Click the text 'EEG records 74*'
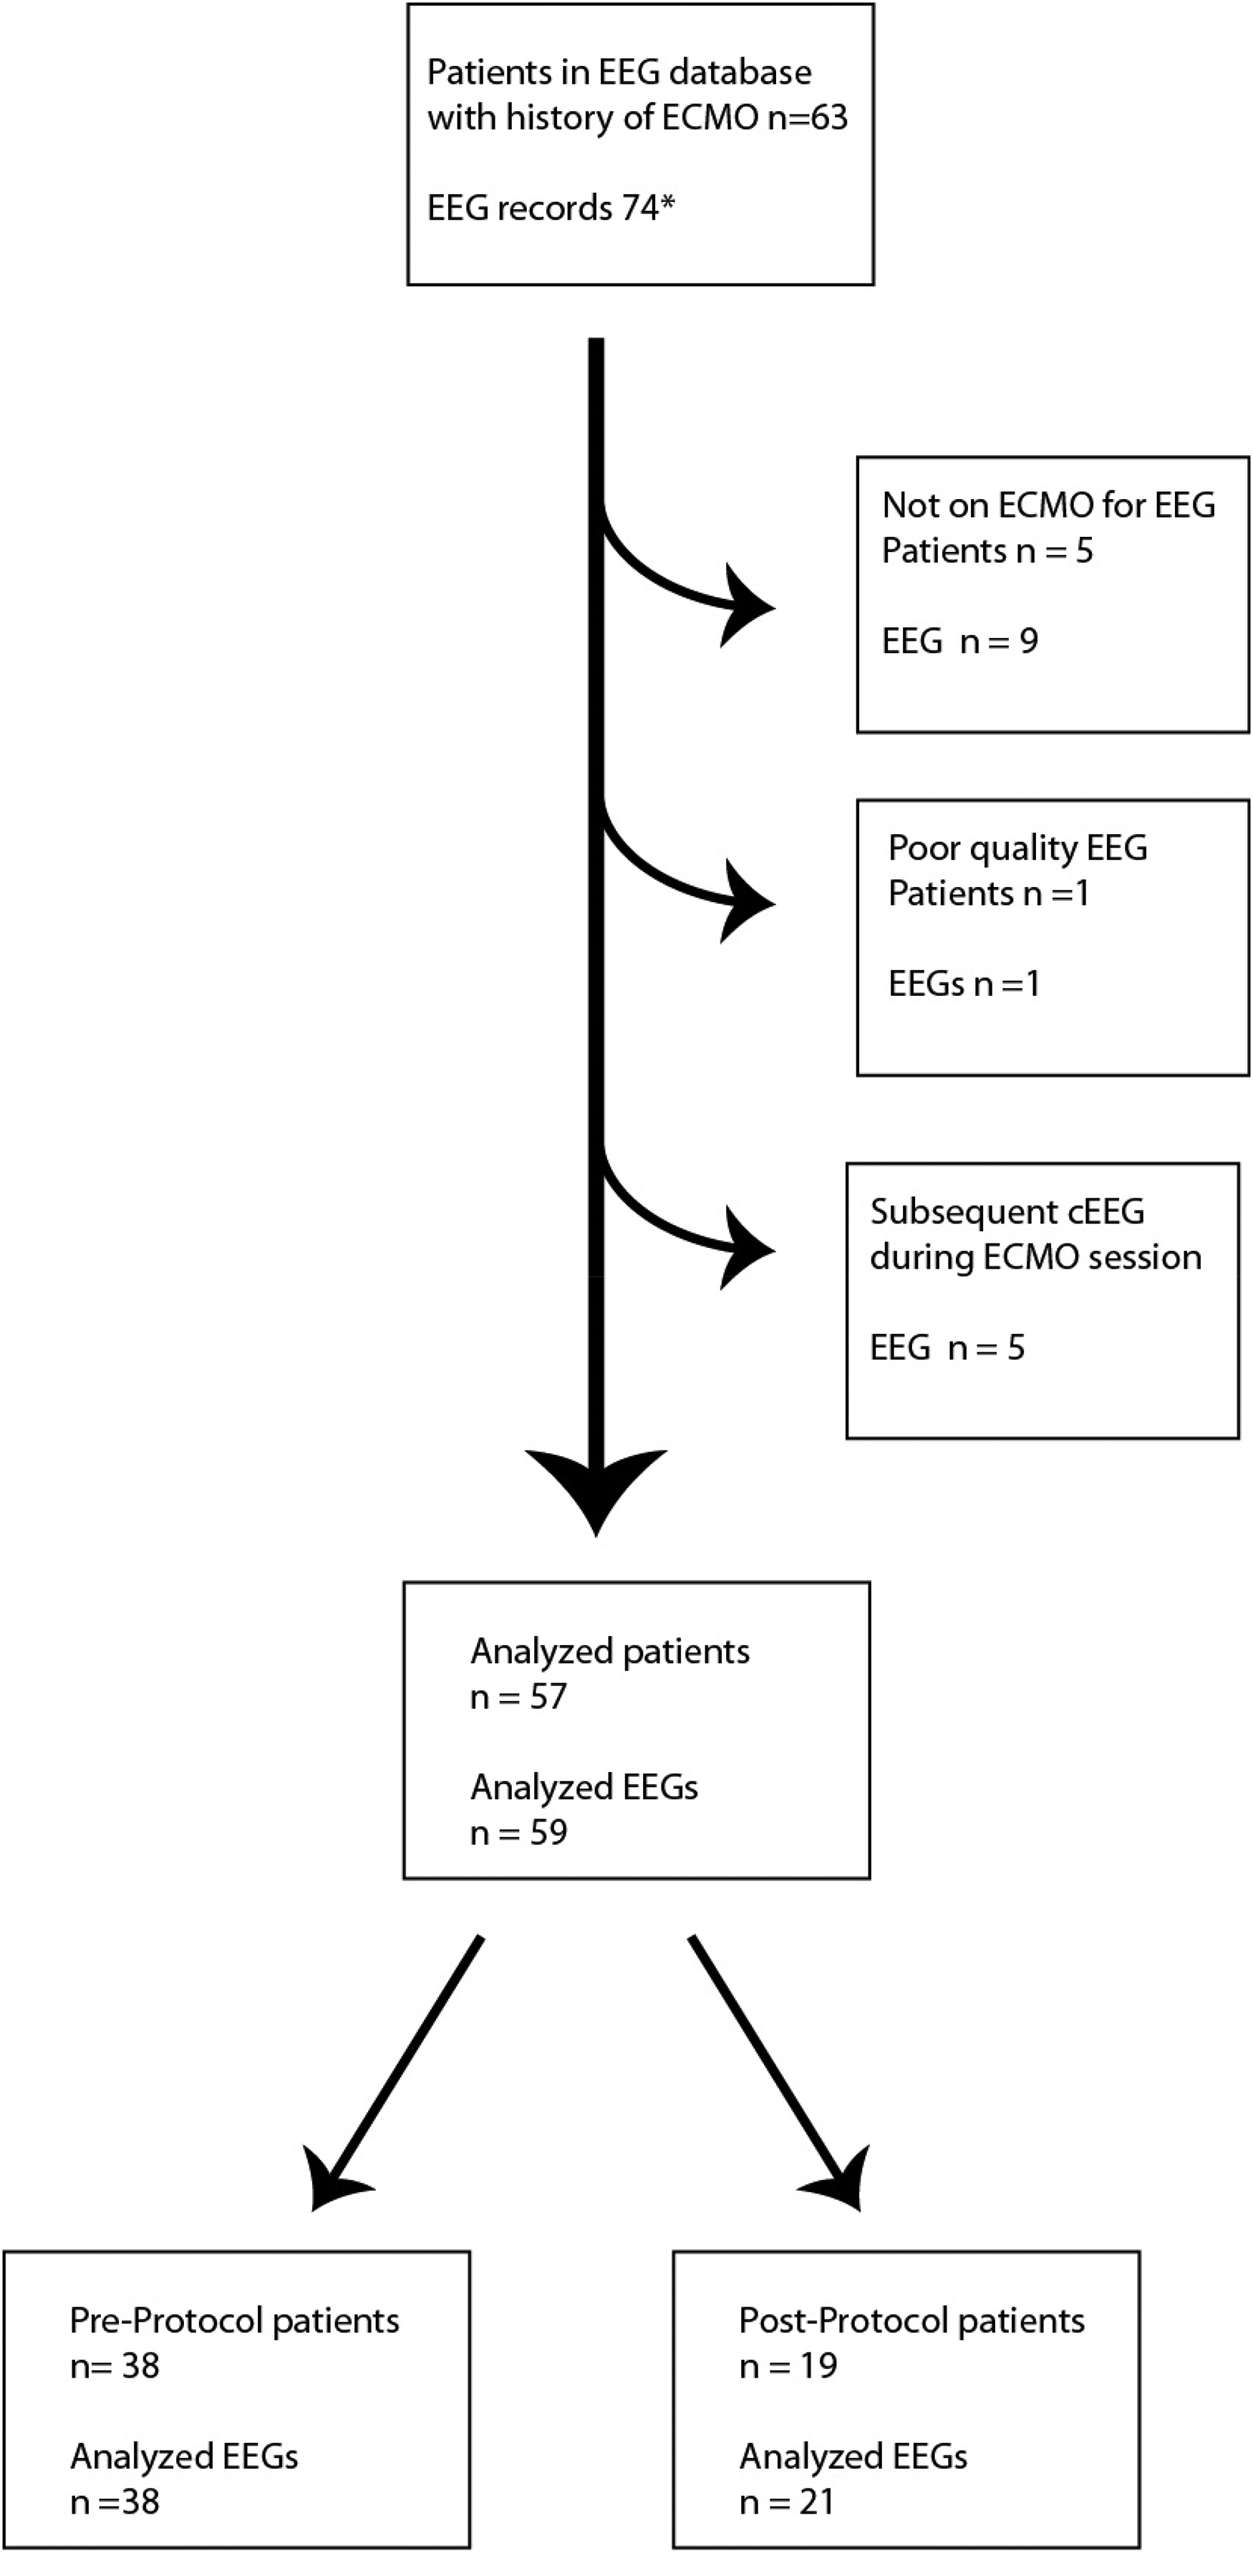[x=551, y=208]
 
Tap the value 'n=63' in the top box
[x=808, y=118]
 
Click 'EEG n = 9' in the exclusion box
[x=959, y=641]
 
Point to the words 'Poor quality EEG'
[x=1017, y=848]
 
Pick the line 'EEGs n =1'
[x=964, y=984]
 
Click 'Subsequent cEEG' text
[x=1007, y=1212]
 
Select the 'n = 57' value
[x=518, y=1697]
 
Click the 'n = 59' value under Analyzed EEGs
[x=518, y=1833]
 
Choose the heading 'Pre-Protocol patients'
[x=234, y=2321]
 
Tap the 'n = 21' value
[x=787, y=2502]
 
